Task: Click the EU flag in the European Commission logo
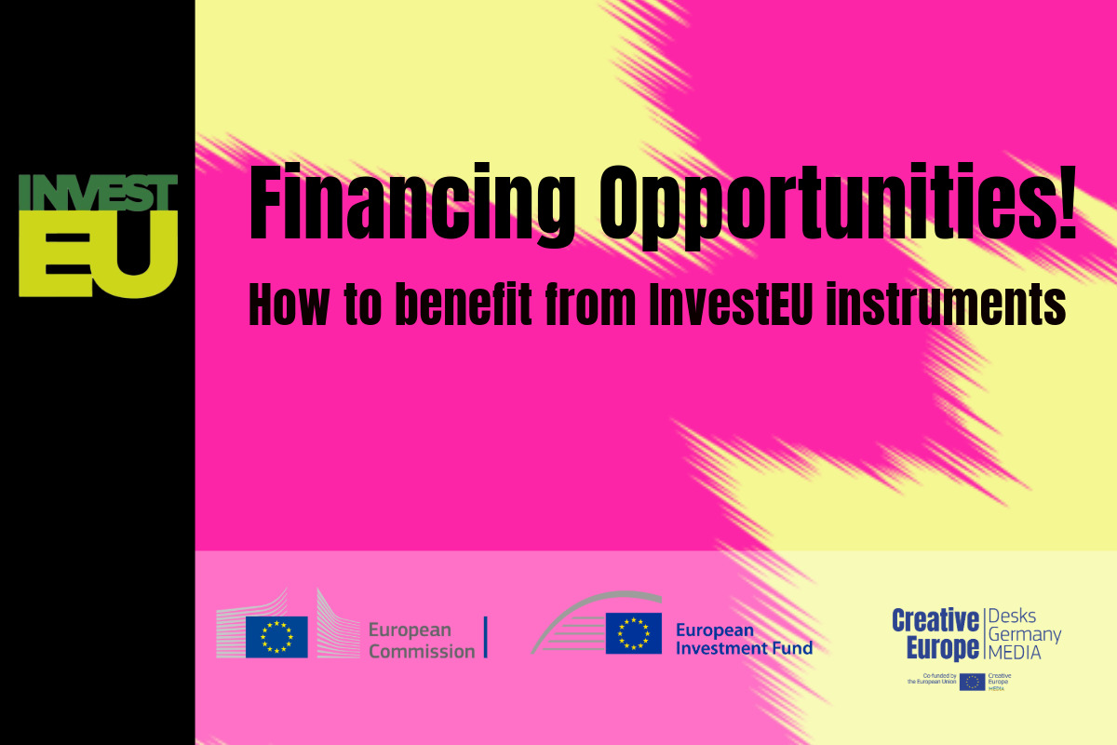coord(276,637)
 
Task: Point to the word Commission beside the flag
coord(422,651)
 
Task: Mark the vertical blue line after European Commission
coord(486,637)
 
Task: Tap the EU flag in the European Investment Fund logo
coord(634,633)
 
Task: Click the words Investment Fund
coord(744,648)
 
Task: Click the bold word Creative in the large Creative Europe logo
coord(935,620)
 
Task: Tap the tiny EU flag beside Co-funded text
coord(972,682)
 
